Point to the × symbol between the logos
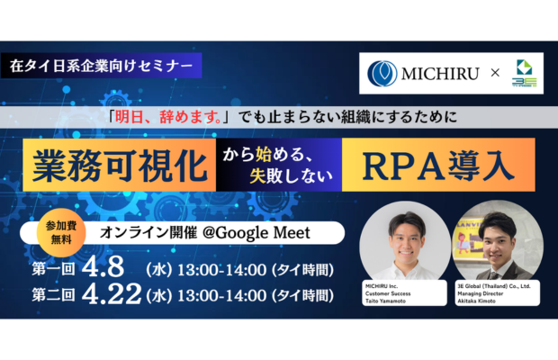point(493,73)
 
